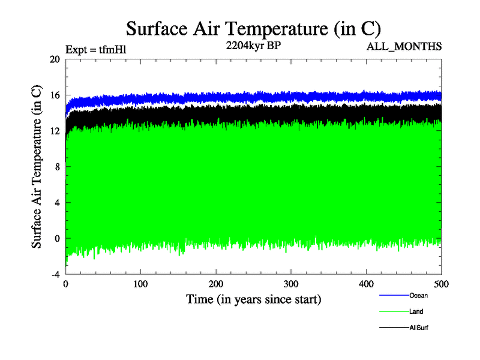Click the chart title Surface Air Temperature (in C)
click(253, 29)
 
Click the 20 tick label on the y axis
click(55, 59)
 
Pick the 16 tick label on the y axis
click(55, 95)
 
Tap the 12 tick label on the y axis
click(55, 131)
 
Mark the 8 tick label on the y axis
click(57, 167)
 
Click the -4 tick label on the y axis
click(55, 274)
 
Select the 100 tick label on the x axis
click(141, 283)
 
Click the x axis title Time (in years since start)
click(253, 298)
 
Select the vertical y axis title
click(37, 167)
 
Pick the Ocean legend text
click(418, 295)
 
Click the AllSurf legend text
click(419, 328)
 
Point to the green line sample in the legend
click(394, 311)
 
